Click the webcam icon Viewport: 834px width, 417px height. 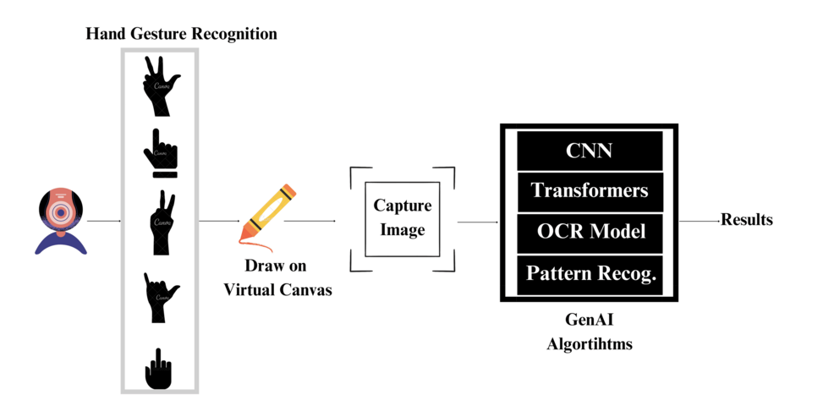61,220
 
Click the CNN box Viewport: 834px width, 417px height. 589,151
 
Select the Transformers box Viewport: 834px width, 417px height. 589,191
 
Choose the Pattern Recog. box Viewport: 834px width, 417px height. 589,273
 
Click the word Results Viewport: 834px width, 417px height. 746,220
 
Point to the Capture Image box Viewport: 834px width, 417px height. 402,218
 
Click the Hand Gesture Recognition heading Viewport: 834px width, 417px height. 181,34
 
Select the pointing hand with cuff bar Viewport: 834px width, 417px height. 160,152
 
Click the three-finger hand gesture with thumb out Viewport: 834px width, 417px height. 159,85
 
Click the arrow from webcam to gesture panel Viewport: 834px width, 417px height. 104,222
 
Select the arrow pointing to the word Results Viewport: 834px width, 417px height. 699,222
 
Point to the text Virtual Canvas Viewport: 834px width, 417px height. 277,289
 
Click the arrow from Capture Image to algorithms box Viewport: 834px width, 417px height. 477,222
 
